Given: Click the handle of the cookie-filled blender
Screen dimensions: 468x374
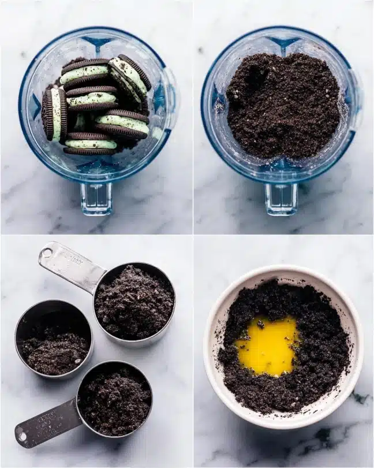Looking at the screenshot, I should point(96,198).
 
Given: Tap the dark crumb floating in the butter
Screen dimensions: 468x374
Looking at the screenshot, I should point(261,325).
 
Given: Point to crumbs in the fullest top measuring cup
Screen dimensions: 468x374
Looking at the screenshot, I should point(134,302).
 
